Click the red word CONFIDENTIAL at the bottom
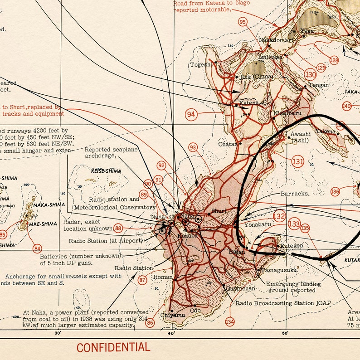pos(113,348)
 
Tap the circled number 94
pos(191,115)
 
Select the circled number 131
pos(297,161)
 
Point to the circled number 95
pos(243,22)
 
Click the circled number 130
pos(310,75)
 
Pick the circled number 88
pos(118,229)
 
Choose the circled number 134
pos(230,321)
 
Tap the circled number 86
pos(150,322)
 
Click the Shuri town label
pos(219,211)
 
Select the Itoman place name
pos(163,277)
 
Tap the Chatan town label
pos(228,144)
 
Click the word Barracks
pos(295,193)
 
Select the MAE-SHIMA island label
pos(44,224)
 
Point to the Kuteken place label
pos(292,245)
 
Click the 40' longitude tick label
pos(171,333)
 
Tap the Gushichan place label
pos(239,288)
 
